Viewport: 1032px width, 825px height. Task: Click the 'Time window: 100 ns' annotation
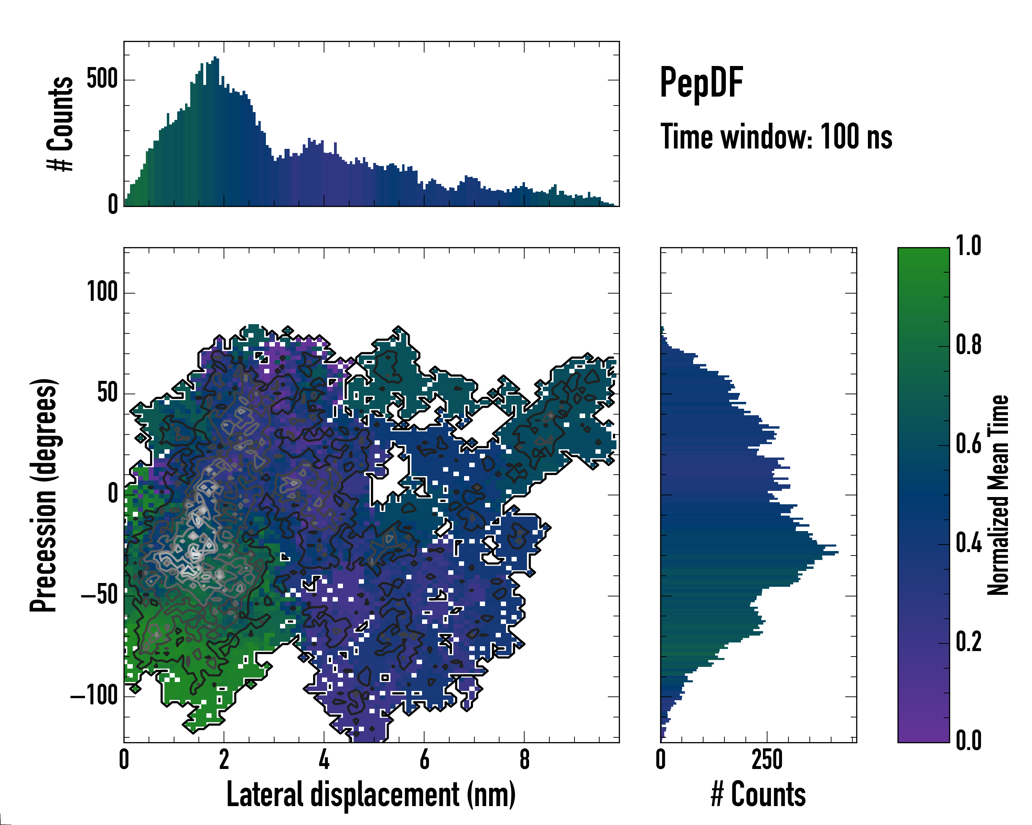tap(776, 137)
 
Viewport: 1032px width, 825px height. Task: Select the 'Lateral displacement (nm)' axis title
tap(371, 794)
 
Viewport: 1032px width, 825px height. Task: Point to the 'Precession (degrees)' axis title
tap(44, 495)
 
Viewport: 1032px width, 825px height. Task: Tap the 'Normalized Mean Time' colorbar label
tap(998, 495)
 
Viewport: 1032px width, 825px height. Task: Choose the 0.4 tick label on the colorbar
tap(968, 543)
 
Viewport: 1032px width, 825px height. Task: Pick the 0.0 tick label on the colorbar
tap(968, 741)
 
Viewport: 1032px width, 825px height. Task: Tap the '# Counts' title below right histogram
tap(758, 794)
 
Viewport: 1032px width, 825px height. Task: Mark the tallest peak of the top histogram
tap(216, 58)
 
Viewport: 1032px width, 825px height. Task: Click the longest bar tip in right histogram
tap(838, 553)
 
